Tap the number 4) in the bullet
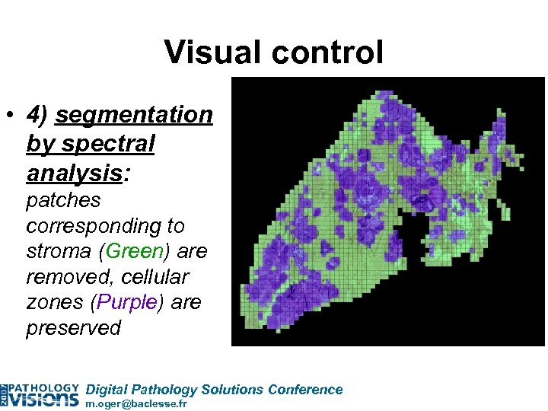pyautogui.click(x=38, y=115)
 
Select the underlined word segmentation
pyautogui.click(x=134, y=115)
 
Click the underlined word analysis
pyautogui.click(x=74, y=172)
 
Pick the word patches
pyautogui.click(x=63, y=201)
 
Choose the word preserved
pyautogui.click(x=73, y=328)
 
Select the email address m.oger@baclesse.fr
pyautogui.click(x=136, y=404)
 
